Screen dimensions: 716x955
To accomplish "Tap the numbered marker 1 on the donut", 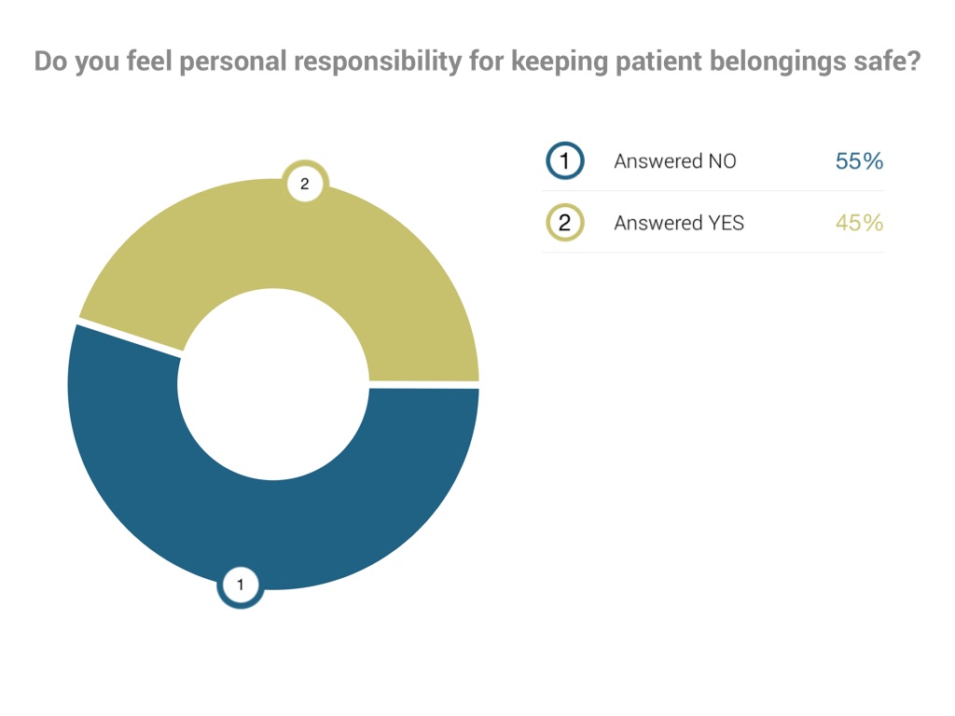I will click(240, 585).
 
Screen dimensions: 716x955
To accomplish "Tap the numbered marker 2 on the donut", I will click(304, 185).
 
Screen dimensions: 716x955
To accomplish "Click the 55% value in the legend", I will click(859, 161).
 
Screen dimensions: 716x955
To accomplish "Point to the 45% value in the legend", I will click(859, 223).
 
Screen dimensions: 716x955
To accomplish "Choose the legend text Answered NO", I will click(674, 161).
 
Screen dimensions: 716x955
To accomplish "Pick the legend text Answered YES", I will click(679, 223).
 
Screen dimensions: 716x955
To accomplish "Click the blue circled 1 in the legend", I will click(564, 161).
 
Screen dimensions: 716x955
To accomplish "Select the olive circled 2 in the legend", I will click(564, 223).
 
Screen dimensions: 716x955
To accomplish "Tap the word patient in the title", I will click(655, 62).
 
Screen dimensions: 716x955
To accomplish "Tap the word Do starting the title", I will click(48, 62).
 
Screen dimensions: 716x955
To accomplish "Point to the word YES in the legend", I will click(724, 223).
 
